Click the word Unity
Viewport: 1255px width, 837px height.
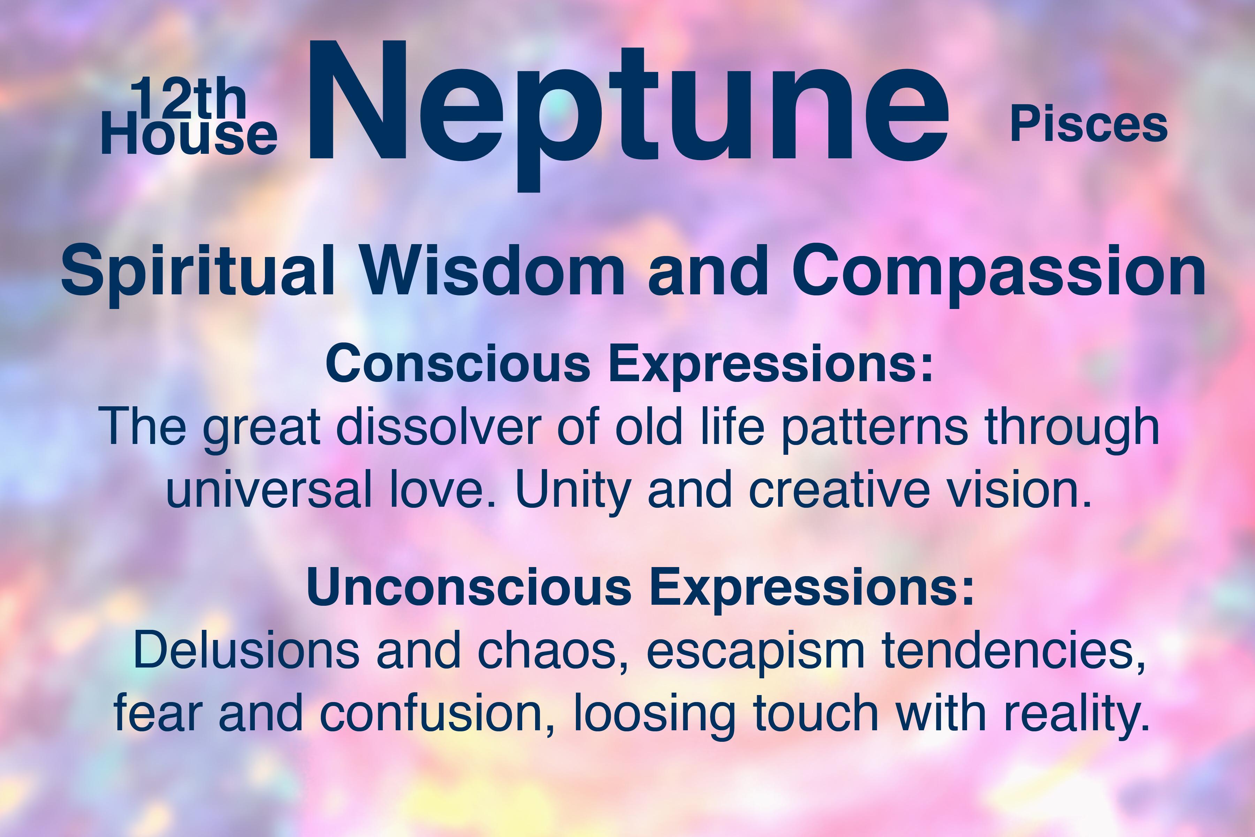click(x=574, y=492)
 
